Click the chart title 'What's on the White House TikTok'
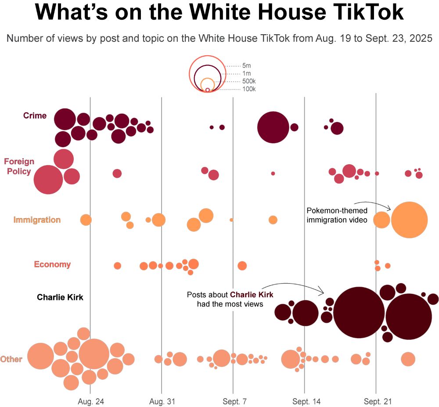point(219,13)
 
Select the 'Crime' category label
point(35,115)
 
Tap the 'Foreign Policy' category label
point(19,166)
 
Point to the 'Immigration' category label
point(37,220)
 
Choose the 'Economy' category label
point(52,264)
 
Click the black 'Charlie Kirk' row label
point(60,297)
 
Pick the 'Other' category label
point(11,359)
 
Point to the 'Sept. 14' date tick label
point(304,402)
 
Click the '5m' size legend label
point(246,65)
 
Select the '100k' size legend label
point(249,89)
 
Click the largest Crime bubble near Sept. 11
point(273,127)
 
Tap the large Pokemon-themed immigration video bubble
point(409,220)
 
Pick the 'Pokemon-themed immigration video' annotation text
point(337,215)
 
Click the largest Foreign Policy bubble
point(48,180)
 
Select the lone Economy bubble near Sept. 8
point(242,266)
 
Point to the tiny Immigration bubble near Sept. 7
point(231,220)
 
